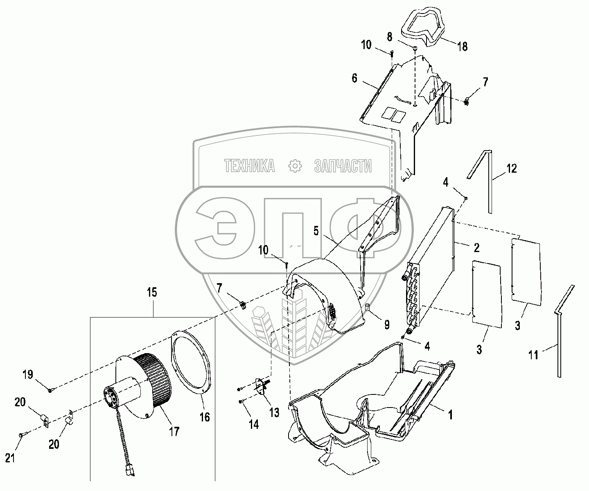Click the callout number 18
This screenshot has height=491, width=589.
coord(462,46)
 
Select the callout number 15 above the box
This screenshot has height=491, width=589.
coord(153,293)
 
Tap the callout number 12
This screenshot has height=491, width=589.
coord(511,168)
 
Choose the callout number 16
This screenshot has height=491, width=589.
coord(204,417)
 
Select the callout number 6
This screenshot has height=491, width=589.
coord(354,78)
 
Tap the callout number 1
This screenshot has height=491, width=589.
coord(450,415)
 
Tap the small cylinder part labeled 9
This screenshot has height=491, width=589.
coord(367,307)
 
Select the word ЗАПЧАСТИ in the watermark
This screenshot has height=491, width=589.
coord(343,166)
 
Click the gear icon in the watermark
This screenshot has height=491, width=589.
coord(295,166)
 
